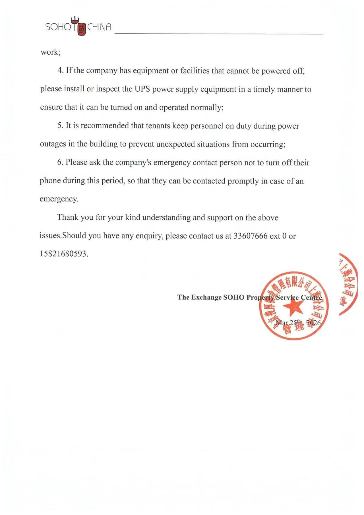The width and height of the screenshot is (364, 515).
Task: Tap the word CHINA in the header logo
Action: click(99, 27)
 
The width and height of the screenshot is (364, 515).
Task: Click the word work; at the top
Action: click(50, 52)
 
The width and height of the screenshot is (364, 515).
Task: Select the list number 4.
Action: click(61, 71)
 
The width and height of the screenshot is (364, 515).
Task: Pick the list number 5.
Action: click(60, 126)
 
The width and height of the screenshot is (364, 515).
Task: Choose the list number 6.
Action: click(60, 162)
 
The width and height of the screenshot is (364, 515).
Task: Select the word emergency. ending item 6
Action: click(59, 199)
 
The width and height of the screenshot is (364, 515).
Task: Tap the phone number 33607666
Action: click(250, 236)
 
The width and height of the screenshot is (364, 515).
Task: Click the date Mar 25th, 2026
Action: click(298, 323)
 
